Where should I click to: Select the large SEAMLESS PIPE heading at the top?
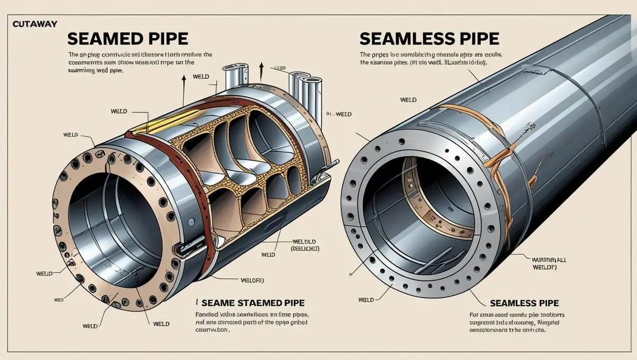click(x=429, y=39)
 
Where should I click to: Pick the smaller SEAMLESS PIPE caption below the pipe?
click(x=524, y=303)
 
